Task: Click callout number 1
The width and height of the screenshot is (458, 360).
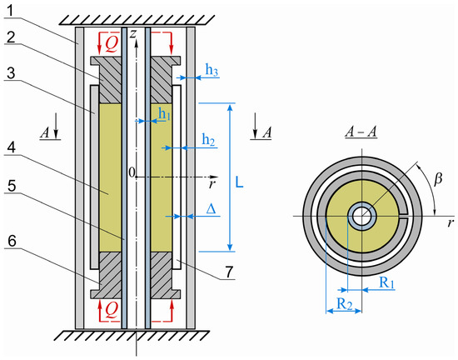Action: [x=11, y=11]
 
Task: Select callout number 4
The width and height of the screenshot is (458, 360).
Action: [x=11, y=148]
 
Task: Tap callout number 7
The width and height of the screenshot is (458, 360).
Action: [x=229, y=272]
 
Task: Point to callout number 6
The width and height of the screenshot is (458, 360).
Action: [x=12, y=241]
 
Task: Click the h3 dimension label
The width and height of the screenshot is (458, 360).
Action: [x=212, y=70]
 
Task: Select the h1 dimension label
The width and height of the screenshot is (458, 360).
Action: [x=164, y=113]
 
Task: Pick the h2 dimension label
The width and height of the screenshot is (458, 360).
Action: [x=208, y=140]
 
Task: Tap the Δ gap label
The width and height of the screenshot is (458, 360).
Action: [x=211, y=209]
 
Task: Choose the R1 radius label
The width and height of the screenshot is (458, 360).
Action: [x=386, y=282]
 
